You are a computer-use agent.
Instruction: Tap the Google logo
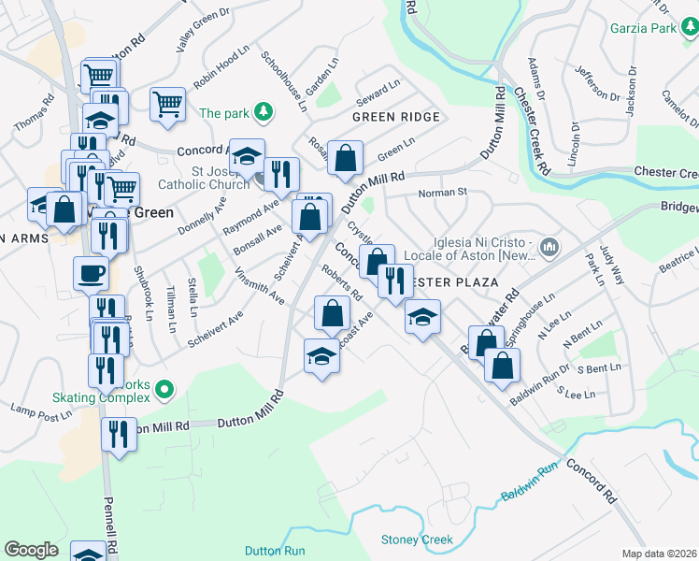tap(32, 550)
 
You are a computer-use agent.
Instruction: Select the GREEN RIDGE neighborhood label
tap(395, 117)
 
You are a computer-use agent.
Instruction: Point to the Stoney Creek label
tap(417, 539)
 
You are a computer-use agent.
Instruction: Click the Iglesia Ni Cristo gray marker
tap(549, 248)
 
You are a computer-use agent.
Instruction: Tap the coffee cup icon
tap(92, 273)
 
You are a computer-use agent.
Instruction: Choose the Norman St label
tap(442, 193)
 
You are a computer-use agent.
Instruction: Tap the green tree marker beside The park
tap(264, 113)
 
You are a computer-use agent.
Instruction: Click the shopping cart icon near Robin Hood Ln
tap(168, 103)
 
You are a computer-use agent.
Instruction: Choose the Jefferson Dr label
tap(590, 82)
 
